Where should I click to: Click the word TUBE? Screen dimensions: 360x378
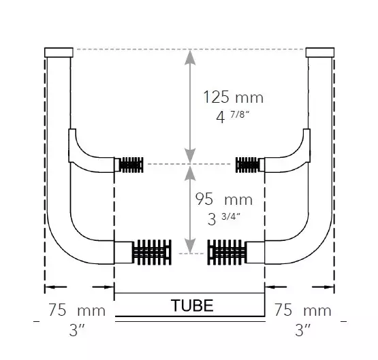[189, 306]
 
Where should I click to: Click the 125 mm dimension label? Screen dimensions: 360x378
[233, 97]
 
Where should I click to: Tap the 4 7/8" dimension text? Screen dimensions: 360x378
[233, 116]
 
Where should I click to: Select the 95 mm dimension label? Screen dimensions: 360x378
[224, 199]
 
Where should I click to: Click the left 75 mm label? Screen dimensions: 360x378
[77, 311]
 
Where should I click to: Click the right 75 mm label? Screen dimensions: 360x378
[302, 311]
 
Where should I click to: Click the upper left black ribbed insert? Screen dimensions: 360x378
[131, 164]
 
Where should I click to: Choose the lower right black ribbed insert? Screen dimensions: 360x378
[230, 253]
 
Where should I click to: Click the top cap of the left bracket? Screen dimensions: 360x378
[58, 52]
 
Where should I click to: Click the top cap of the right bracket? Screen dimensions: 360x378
[321, 52]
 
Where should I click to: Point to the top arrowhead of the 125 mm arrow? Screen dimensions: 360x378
[191, 56]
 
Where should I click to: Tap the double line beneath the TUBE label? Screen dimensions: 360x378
[189, 316]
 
